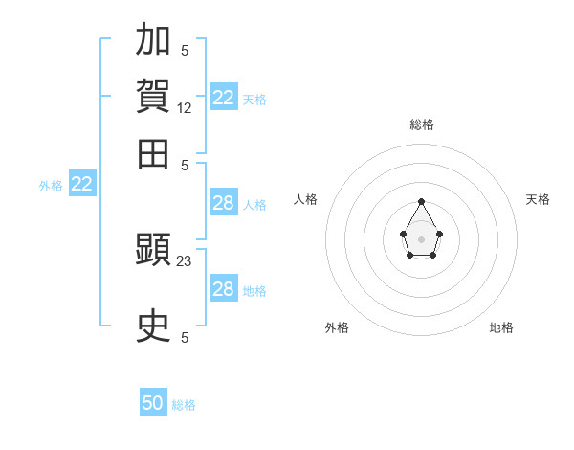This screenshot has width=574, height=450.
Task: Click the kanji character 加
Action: pos(153,38)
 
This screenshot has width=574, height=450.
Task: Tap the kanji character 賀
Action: pos(153,96)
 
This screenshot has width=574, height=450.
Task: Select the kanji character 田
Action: pos(153,154)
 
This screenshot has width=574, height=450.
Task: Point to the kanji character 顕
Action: pos(153,249)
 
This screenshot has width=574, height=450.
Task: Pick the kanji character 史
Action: pos(153,325)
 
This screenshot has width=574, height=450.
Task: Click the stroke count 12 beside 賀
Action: pos(184,108)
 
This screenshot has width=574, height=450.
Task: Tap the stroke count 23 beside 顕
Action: pos(184,261)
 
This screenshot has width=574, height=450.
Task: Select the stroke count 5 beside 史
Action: pos(185,337)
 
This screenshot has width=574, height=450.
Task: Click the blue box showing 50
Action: pos(153,401)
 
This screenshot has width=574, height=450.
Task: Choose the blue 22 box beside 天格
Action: pos(224,96)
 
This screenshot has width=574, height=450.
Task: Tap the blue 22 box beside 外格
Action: pos(82,183)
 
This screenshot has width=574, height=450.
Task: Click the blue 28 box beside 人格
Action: pos(224,202)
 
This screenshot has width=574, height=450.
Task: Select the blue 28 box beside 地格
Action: pos(224,287)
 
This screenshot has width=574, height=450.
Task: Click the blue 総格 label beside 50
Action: pos(184,405)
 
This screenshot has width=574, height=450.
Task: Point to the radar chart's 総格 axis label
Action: pos(422,124)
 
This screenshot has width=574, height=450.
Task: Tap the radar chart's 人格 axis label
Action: pos(305,199)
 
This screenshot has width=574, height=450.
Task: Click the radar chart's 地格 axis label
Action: pos(501,327)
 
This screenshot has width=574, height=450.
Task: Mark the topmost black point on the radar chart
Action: pos(421,201)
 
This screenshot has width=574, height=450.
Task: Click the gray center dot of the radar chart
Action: pos(421,239)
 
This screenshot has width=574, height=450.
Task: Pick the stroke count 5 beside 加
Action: pos(185,50)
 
